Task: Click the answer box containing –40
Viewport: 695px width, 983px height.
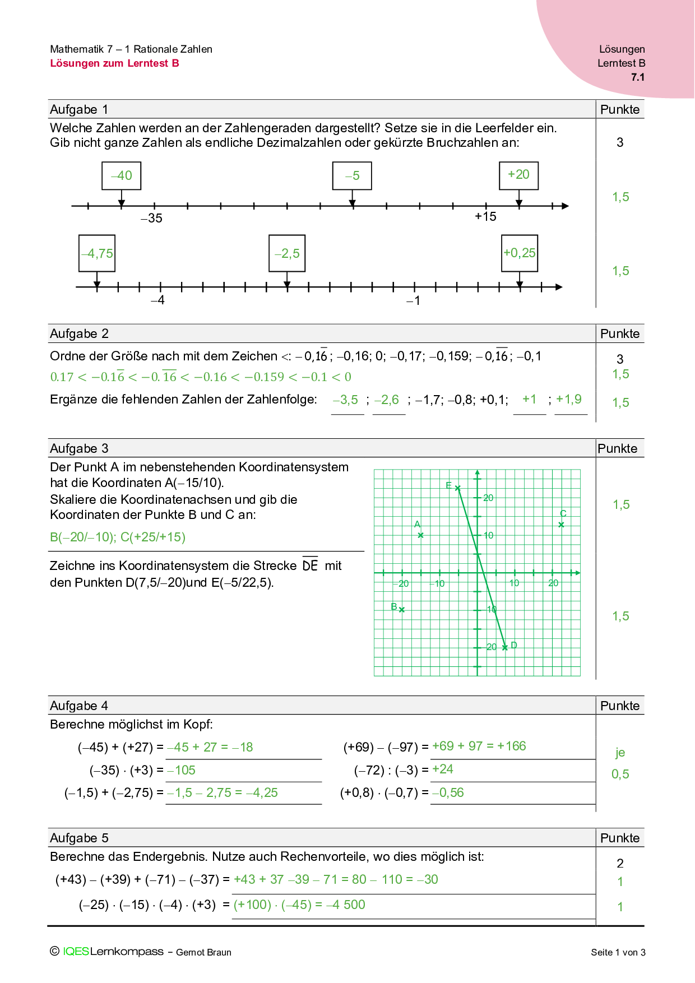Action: click(121, 176)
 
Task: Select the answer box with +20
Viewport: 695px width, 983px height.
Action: click(518, 175)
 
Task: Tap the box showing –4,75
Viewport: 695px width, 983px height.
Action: click(97, 253)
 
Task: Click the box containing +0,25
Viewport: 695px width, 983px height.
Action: click(520, 253)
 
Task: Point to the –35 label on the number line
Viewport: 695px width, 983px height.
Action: click(151, 219)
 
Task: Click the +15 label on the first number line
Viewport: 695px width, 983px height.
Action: click(485, 217)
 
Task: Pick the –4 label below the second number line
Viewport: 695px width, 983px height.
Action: click(157, 300)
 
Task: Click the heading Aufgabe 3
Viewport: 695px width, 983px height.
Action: click(79, 448)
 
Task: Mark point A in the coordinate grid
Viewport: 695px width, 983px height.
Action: click(421, 535)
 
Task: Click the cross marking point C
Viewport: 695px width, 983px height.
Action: click(562, 525)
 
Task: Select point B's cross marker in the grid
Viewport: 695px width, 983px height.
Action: click(402, 610)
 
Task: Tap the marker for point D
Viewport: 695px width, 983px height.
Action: click(505, 647)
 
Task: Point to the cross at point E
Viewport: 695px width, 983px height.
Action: click(458, 488)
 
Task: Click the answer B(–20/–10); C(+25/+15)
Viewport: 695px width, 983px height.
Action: click(118, 537)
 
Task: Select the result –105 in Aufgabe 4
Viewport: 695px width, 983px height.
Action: click(181, 770)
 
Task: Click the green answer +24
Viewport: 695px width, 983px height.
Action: click(443, 769)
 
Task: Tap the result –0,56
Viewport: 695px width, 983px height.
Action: click(448, 792)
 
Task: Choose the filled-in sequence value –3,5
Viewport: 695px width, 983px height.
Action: click(345, 400)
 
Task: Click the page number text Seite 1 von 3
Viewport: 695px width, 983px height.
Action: click(618, 952)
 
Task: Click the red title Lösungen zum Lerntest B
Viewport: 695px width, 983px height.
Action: click(114, 63)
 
